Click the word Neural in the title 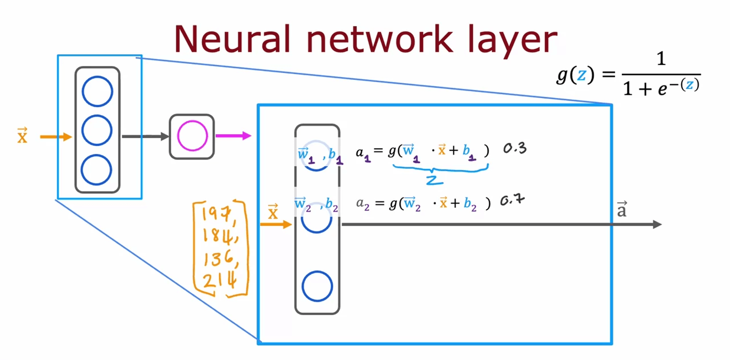click(x=232, y=39)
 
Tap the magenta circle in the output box click(x=192, y=136)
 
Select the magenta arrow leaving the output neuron click(x=233, y=135)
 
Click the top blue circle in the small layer click(x=97, y=91)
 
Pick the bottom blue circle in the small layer click(x=96, y=170)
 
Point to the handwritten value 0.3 click(x=515, y=148)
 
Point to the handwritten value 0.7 click(x=512, y=200)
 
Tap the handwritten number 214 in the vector click(x=219, y=280)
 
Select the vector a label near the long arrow click(x=622, y=209)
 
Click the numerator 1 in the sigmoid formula click(x=661, y=59)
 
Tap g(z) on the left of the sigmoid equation click(x=575, y=75)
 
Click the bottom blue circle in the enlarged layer click(x=317, y=286)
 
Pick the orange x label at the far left click(x=22, y=136)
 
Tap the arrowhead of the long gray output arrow click(x=657, y=225)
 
